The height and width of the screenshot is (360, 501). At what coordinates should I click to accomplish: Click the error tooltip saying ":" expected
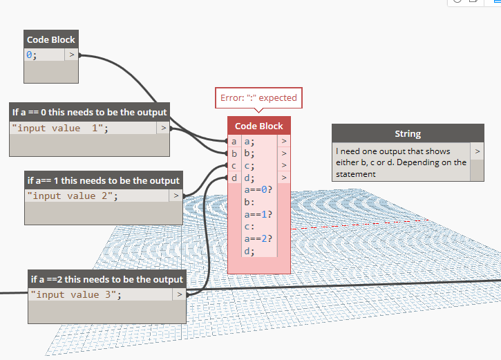pyautogui.click(x=258, y=98)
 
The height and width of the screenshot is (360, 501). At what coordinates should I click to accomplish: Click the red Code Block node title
pyautogui.click(x=259, y=126)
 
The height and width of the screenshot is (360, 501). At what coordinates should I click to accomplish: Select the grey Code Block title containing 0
pyautogui.click(x=51, y=39)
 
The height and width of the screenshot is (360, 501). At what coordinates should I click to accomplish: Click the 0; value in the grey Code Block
pyautogui.click(x=32, y=54)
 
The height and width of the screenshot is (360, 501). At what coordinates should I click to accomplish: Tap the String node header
pyautogui.click(x=408, y=133)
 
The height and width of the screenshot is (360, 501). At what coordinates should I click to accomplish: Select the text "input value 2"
pyautogui.click(x=73, y=196)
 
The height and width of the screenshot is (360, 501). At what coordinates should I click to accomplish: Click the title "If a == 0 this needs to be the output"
pyautogui.click(x=89, y=112)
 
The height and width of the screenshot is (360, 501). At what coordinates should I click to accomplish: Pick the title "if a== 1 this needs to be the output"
pyautogui.click(x=104, y=180)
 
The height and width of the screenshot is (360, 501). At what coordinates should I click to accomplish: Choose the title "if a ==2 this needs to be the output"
pyautogui.click(x=107, y=279)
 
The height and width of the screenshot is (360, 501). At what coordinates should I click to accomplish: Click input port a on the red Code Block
pyautogui.click(x=234, y=141)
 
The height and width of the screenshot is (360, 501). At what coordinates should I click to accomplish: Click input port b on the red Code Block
pyautogui.click(x=234, y=153)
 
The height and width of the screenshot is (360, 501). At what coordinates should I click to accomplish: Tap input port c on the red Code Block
pyautogui.click(x=234, y=166)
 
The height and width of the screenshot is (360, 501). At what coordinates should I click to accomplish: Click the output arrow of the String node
pyautogui.click(x=477, y=150)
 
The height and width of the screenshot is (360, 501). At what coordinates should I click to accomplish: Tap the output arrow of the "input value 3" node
pyautogui.click(x=178, y=294)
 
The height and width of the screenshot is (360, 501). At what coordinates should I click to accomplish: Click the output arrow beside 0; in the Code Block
pyautogui.click(x=71, y=54)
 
